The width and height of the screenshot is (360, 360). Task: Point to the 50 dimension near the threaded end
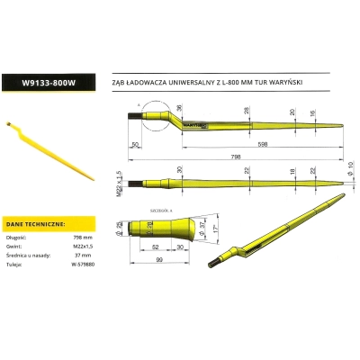[134, 142]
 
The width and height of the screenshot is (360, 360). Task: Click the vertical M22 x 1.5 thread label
[120, 175]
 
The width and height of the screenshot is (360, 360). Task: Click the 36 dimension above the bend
[178, 109]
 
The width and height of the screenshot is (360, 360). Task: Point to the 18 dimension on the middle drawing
[292, 170]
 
